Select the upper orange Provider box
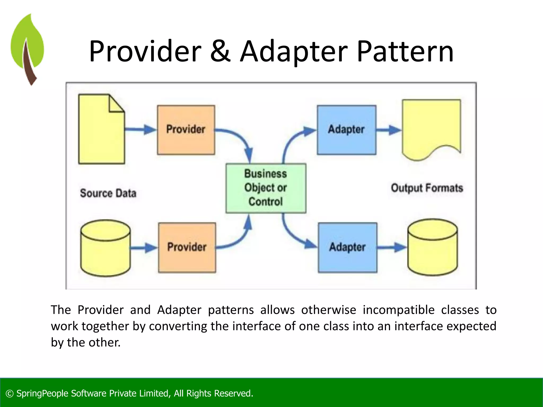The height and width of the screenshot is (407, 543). pos(186,130)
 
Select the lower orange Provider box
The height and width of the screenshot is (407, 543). pos(187,247)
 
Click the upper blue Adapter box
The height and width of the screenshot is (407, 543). pos(346,130)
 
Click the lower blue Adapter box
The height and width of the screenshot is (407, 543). pos(347,247)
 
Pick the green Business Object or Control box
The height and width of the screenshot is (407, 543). pos(266,188)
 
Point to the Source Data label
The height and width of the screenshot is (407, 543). pos(108,193)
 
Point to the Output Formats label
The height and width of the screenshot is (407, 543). pos(427,188)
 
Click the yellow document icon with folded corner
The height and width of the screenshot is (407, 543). pos(101,132)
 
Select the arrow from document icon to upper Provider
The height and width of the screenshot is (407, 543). pos(141,130)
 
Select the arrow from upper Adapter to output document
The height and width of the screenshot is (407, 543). pos(389,130)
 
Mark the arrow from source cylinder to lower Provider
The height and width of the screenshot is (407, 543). pos(144,248)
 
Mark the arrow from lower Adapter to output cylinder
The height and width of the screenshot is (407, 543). pos(391,247)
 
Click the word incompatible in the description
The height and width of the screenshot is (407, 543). pos(399,310)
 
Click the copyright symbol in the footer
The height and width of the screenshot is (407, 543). pos(10,393)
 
